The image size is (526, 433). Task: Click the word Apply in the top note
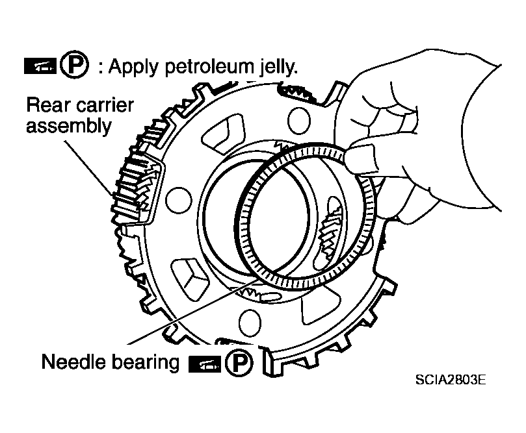[134, 68]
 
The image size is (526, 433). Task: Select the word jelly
[279, 67]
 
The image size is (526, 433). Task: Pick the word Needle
[73, 362]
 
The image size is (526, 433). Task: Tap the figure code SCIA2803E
[450, 380]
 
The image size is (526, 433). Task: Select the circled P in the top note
[75, 65]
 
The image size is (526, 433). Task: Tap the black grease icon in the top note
[40, 66]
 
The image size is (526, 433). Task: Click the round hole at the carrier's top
[299, 121]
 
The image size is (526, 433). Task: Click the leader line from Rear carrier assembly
[88, 168]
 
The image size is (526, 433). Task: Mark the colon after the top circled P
[100, 67]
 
